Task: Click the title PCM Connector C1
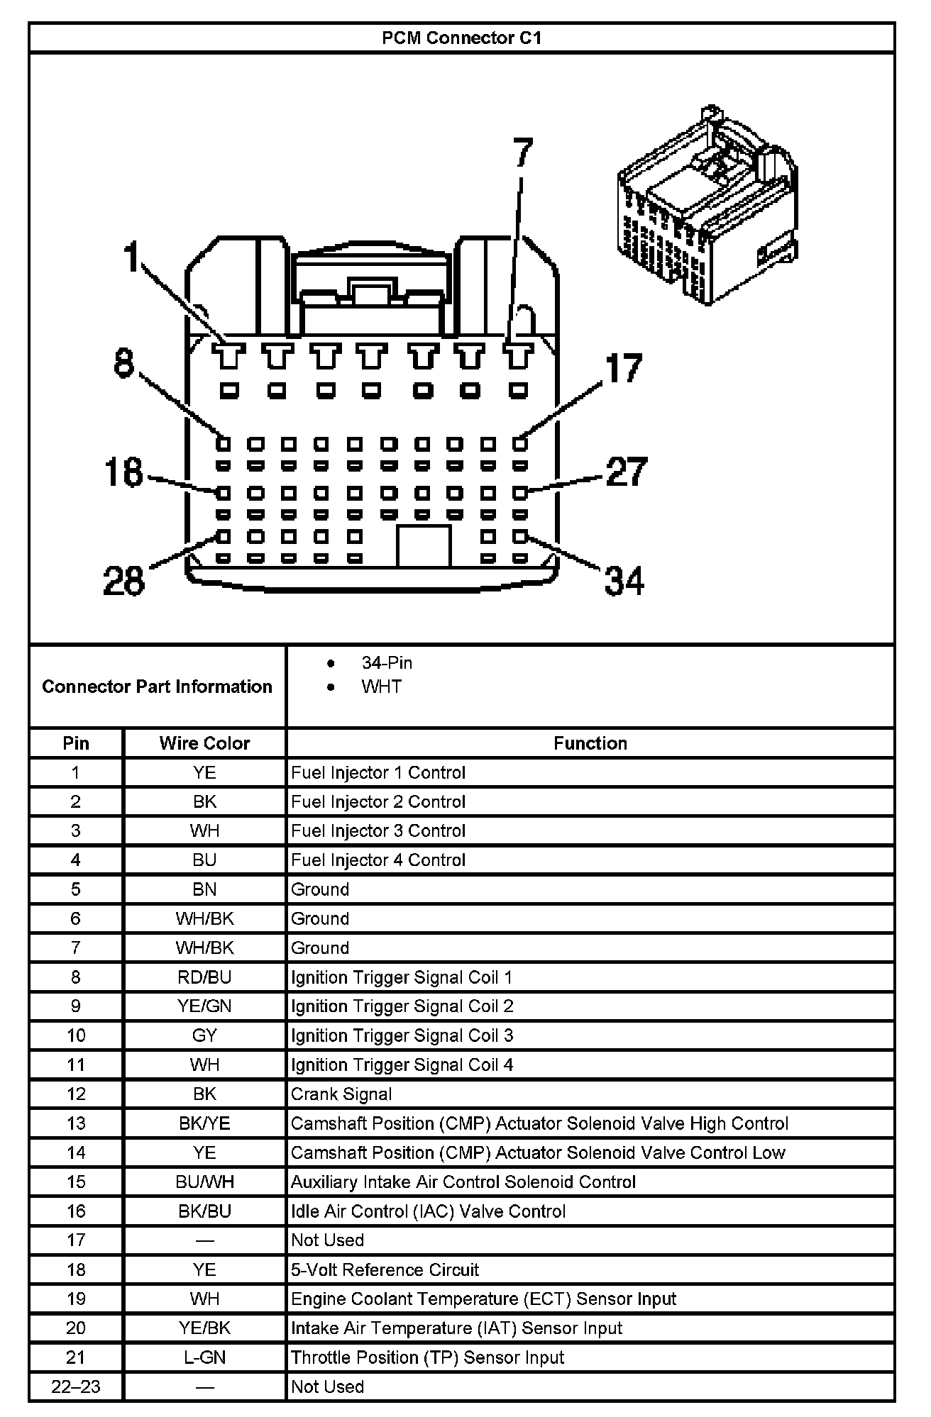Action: [461, 38]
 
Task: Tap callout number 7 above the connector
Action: [522, 153]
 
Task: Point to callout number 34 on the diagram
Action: [624, 580]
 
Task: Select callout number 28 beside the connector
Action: [124, 580]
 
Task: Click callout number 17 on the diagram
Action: [624, 369]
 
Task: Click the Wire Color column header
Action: [204, 743]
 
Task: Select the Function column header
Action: [590, 743]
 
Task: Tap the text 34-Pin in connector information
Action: [387, 662]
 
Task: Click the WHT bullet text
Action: [381, 687]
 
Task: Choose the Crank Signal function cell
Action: [341, 1094]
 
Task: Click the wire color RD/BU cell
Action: [204, 977]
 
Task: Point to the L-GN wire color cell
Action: [204, 1357]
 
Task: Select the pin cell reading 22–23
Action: [76, 1387]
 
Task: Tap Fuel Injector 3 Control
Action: [378, 830]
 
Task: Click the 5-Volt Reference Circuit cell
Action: [385, 1269]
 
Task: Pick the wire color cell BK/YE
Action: [204, 1123]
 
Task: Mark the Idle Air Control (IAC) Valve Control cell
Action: [428, 1211]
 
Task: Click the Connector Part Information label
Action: [157, 687]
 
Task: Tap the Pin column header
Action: [76, 743]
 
